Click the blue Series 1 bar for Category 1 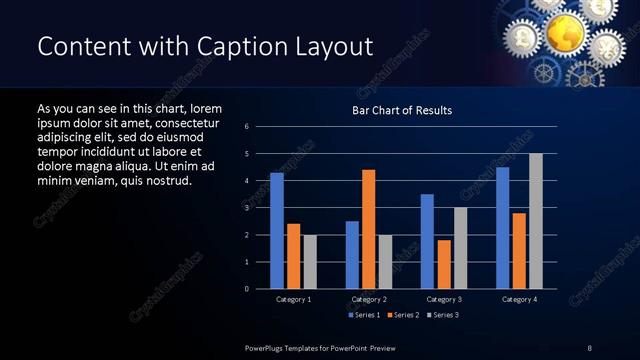(277, 231)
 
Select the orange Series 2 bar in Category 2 (369, 229)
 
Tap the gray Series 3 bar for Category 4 (536, 221)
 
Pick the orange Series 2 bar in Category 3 (444, 264)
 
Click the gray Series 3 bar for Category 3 (460, 248)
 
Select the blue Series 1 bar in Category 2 (352, 255)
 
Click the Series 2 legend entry (403, 315)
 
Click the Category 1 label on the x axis (293, 299)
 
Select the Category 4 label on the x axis (519, 299)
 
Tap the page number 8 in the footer (589, 347)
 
